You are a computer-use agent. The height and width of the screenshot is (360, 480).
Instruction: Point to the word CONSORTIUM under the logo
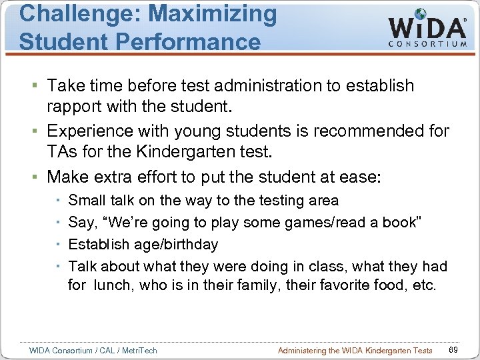(427, 44)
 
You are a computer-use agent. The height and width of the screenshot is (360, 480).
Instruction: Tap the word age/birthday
(175, 245)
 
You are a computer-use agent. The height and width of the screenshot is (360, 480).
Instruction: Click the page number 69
(453, 350)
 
